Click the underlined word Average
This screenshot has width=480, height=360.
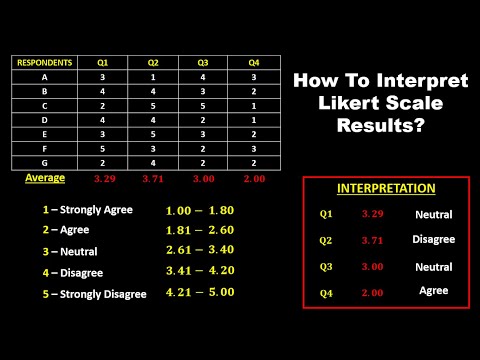pos(44,178)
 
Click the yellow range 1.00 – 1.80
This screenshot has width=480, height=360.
pos(199,211)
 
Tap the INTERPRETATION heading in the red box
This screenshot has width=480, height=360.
pos(385,187)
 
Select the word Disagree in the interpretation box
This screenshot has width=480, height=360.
pos(433,239)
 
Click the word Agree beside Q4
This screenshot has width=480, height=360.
pos(433,289)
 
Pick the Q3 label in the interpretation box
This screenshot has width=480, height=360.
pos(326,267)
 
